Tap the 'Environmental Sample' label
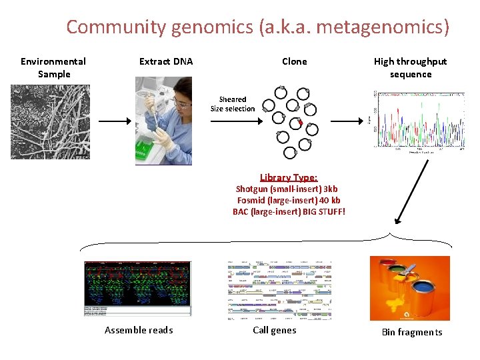[53, 67]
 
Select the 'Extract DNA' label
[166, 61]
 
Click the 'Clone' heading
[295, 61]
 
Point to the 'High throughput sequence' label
[410, 67]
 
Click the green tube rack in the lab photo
[151, 148]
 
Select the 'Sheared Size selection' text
[233, 104]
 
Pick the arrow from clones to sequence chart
[346, 121]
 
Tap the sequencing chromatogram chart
[419, 120]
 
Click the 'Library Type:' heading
[289, 177]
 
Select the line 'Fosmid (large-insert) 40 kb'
[289, 200]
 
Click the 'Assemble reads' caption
[139, 330]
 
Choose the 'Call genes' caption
[274, 330]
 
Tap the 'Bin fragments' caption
[411, 332]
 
